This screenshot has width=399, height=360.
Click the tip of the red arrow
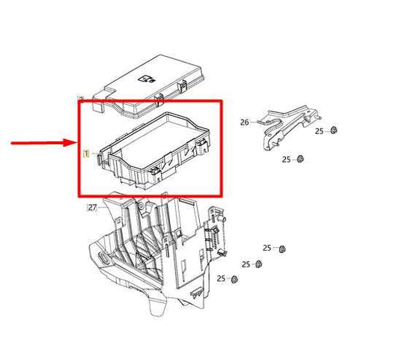tap(75, 142)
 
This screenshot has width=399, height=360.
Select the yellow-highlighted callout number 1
tap(86, 153)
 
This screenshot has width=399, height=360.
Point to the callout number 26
tap(244, 122)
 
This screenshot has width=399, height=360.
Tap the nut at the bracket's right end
tap(334, 131)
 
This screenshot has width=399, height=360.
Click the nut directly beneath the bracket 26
tap(299, 159)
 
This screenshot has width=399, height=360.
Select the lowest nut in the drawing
tap(234, 279)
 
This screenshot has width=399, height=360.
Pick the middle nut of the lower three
tap(258, 264)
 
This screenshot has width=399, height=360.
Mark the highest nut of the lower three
tap(283, 248)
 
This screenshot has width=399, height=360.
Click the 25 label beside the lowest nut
tap(221, 278)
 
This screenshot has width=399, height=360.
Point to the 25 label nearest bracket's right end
tap(319, 131)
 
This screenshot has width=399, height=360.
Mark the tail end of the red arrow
tap(12, 142)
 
